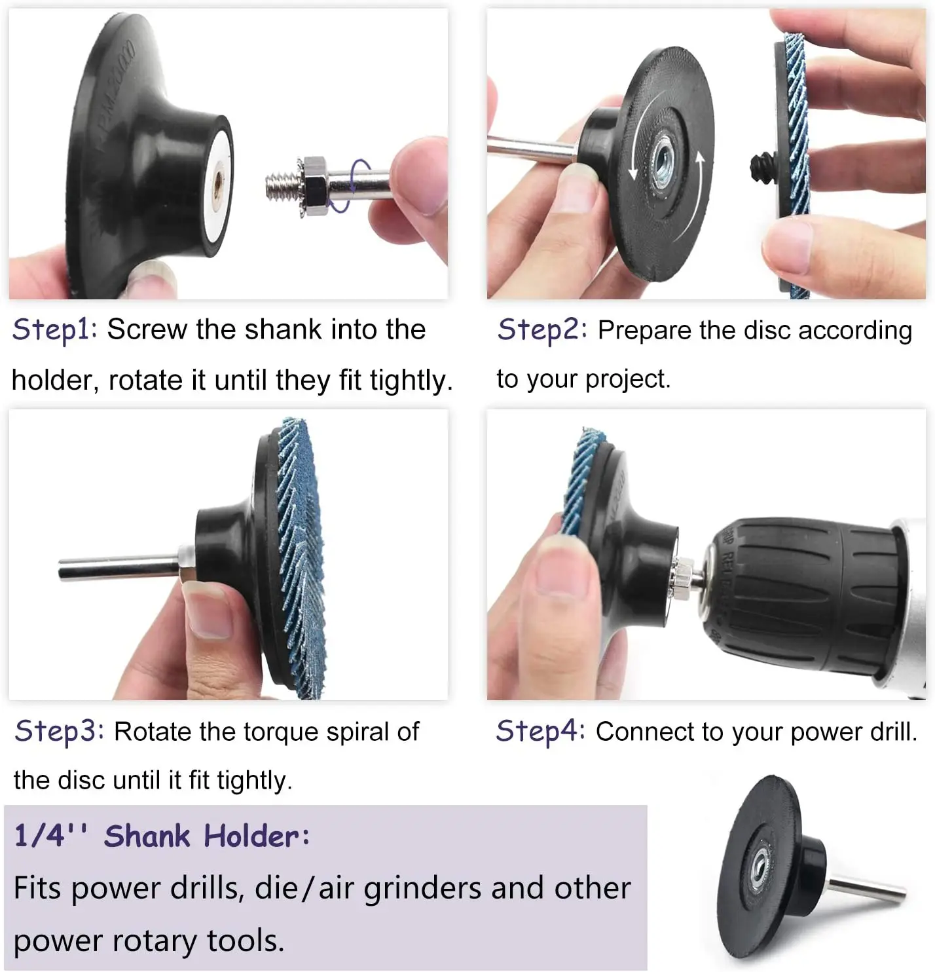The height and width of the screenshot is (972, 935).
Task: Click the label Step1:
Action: pos(54,329)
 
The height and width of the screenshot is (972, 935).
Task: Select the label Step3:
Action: pos(59,731)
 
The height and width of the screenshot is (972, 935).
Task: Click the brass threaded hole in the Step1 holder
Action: pos(217,178)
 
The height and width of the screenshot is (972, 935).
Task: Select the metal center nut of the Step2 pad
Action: pos(663,164)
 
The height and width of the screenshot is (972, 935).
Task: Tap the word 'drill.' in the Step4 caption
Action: pos(893,732)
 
